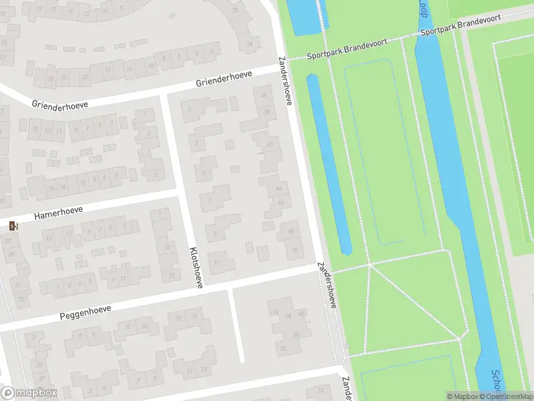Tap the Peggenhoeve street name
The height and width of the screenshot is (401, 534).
pyautogui.click(x=85, y=311)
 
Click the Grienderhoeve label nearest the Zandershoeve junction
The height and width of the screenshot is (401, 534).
pyautogui.click(x=224, y=79)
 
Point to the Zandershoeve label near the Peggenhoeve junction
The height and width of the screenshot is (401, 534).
pyautogui.click(x=327, y=284)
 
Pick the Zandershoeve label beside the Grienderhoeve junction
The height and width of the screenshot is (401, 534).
pyautogui.click(x=286, y=81)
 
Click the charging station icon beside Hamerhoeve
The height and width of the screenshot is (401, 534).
pyautogui.click(x=13, y=226)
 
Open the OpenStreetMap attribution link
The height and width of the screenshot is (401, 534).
pyautogui.click(x=505, y=396)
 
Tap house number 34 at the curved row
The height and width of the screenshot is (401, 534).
pyautogui.click(x=250, y=44)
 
